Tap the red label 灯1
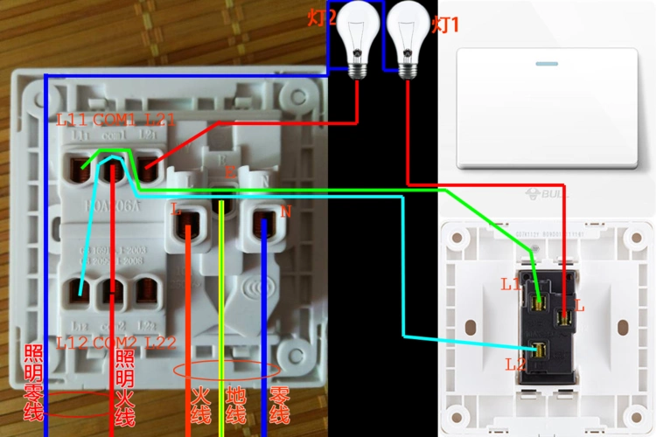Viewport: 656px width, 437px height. [445, 24]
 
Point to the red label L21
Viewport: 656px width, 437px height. [162, 119]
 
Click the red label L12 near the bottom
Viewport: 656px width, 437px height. [72, 342]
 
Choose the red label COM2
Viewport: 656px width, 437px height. [115, 342]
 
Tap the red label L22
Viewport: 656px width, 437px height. [162, 342]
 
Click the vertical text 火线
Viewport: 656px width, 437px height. [200, 406]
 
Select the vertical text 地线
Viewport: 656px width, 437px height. [236, 406]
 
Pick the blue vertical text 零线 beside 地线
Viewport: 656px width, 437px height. [279, 406]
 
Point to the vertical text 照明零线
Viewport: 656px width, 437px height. [34, 383]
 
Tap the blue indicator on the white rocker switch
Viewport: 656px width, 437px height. [547, 64]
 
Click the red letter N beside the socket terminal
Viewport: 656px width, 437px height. [285, 212]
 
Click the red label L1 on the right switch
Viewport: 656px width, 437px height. [512, 284]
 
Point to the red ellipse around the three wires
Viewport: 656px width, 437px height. [227, 370]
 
